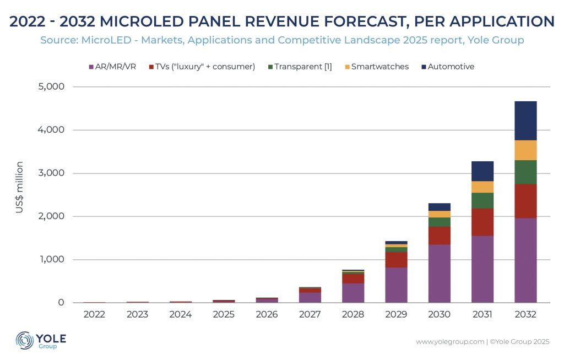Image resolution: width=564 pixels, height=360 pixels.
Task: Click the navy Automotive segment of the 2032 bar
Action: point(525,121)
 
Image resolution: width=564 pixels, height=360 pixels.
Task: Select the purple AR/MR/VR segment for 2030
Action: point(439,274)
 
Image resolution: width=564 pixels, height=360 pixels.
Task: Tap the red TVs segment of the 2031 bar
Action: point(482,222)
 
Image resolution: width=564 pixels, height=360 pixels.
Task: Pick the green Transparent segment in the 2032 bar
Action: point(525,172)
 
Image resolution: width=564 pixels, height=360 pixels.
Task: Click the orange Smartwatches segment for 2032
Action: point(525,150)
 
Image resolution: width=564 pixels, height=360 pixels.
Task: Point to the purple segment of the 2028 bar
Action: point(353,293)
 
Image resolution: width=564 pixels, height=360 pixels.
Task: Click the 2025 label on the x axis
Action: point(224,314)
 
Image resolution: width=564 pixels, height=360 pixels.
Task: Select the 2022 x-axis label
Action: point(95,314)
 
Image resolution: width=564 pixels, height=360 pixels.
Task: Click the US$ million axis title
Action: point(19,187)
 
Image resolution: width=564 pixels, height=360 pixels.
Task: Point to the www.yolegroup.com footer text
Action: point(449,342)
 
